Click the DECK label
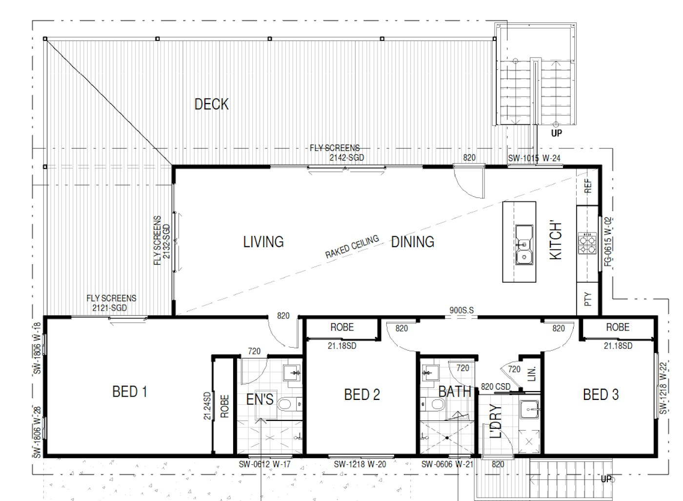pyautogui.click(x=212, y=104)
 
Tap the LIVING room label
pyautogui.click(x=263, y=242)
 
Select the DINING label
pyautogui.click(x=413, y=242)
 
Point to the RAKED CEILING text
pyautogui.click(x=352, y=247)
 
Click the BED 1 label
pyautogui.click(x=130, y=392)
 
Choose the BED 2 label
pyautogui.click(x=362, y=395)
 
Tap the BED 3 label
pyautogui.click(x=601, y=395)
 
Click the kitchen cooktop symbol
pyautogui.click(x=587, y=243)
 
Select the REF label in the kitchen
pyautogui.click(x=588, y=186)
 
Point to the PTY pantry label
pyautogui.click(x=588, y=299)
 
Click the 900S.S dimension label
pyautogui.click(x=462, y=310)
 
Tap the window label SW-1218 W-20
pyautogui.click(x=360, y=464)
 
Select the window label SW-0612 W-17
pyautogui.click(x=264, y=464)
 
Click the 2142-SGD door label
pyautogui.click(x=347, y=158)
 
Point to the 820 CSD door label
pyautogui.click(x=496, y=387)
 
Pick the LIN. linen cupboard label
pyautogui.click(x=531, y=374)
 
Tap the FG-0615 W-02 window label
pyautogui.click(x=608, y=242)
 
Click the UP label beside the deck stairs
pyautogui.click(x=557, y=133)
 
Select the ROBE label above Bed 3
pyautogui.click(x=618, y=327)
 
